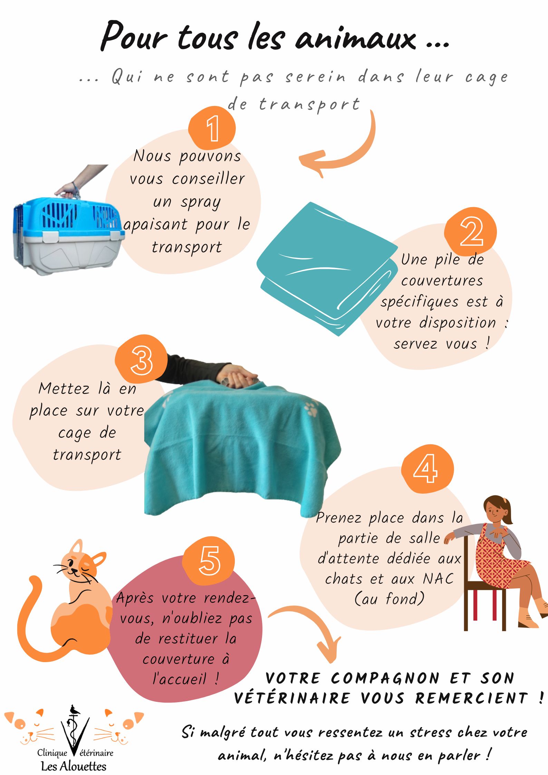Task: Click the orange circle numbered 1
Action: [x=212, y=128]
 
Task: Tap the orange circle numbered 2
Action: [x=470, y=232]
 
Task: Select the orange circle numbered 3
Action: [x=141, y=359]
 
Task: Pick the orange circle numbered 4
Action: [x=427, y=469]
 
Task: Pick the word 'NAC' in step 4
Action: [x=438, y=579]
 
